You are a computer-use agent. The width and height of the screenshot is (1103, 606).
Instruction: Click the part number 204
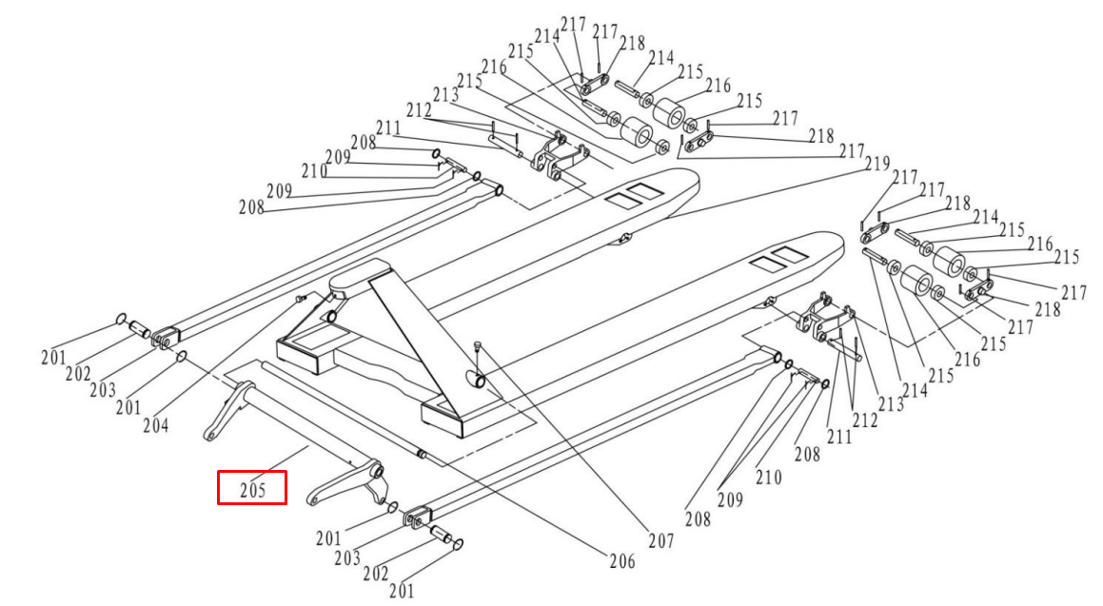(x=156, y=425)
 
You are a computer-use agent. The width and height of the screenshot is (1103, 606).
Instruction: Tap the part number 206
(x=622, y=561)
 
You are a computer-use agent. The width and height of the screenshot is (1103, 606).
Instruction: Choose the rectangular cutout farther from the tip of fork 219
(x=618, y=201)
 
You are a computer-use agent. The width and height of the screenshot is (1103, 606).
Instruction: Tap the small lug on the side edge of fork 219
(x=624, y=238)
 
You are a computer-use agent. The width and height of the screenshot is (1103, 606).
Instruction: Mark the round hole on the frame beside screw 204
(x=332, y=317)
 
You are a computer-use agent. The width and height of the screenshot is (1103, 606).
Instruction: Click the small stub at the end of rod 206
(x=420, y=453)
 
